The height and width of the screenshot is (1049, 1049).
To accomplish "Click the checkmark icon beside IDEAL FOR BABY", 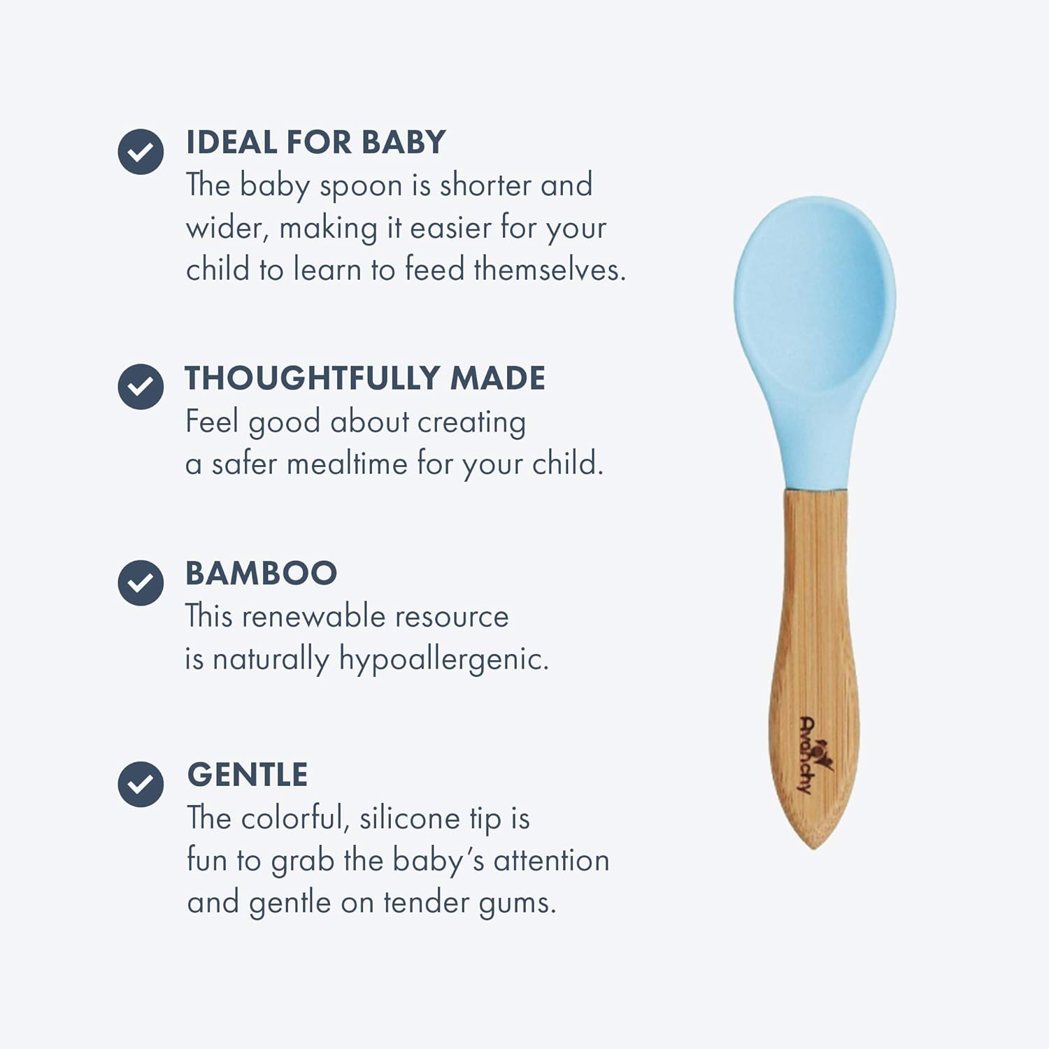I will (x=141, y=152).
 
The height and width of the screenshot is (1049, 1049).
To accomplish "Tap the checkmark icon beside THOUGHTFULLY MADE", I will (x=141, y=387).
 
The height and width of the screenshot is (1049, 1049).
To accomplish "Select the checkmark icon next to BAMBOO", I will (x=141, y=583).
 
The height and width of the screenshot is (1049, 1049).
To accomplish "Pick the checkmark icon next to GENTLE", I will (x=141, y=784).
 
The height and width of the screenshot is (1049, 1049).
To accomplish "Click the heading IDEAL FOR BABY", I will (x=315, y=143).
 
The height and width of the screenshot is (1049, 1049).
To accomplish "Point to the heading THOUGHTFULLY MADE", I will (x=364, y=378).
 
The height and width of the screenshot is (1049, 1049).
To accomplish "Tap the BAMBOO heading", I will (x=261, y=573).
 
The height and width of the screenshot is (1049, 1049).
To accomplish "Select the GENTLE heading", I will (x=248, y=775).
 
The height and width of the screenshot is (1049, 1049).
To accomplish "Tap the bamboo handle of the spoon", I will (x=815, y=615).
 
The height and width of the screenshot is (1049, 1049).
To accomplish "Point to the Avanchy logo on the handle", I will (x=811, y=755).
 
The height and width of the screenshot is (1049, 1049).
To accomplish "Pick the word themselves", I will (x=549, y=270).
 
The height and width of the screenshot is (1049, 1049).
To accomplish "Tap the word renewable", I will (x=313, y=617).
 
